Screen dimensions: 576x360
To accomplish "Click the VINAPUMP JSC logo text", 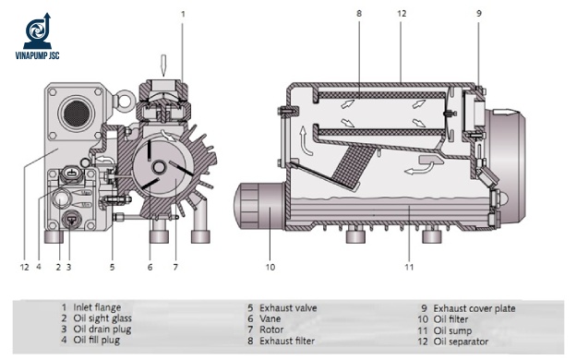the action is coord(37,55).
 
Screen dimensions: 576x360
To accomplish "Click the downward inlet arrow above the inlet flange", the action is coord(163,66).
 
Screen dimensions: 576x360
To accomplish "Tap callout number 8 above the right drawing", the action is coord(359,14).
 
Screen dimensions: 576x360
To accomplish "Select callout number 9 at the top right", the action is coord(479,14).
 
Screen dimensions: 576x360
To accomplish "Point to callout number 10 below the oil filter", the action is coord(270,267).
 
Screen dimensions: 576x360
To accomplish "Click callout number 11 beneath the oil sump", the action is coord(409,267).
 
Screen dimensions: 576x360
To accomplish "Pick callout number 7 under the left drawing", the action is coord(175,267).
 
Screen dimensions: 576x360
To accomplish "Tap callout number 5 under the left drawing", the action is coord(112,267).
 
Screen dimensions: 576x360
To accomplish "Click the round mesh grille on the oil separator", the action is coord(77,113).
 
